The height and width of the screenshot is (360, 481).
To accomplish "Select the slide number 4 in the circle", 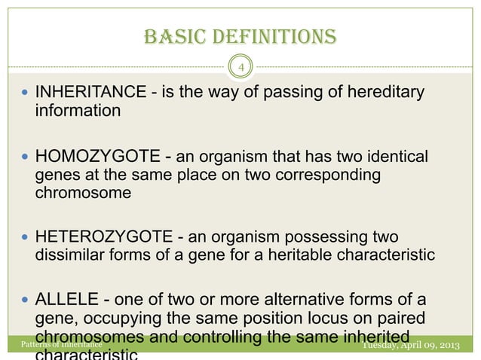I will [240, 69].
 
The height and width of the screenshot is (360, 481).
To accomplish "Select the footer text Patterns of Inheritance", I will [60, 345].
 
